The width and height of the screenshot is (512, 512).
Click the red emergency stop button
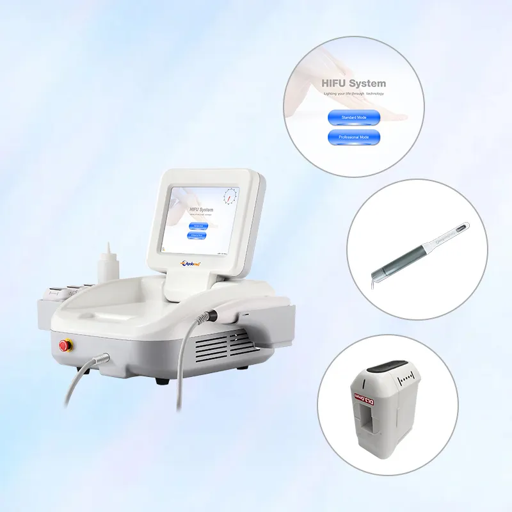click(x=64, y=346)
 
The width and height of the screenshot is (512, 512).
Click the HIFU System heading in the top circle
click(x=354, y=83)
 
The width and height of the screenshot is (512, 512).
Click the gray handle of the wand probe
click(x=410, y=250)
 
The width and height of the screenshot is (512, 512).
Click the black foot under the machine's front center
click(x=163, y=380)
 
